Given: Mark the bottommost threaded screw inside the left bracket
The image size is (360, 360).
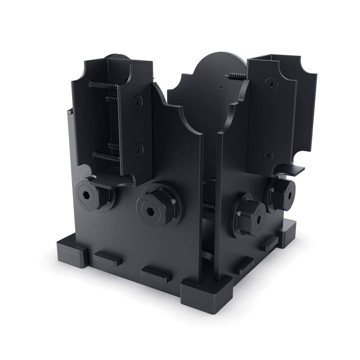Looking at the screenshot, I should pos(106,156).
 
